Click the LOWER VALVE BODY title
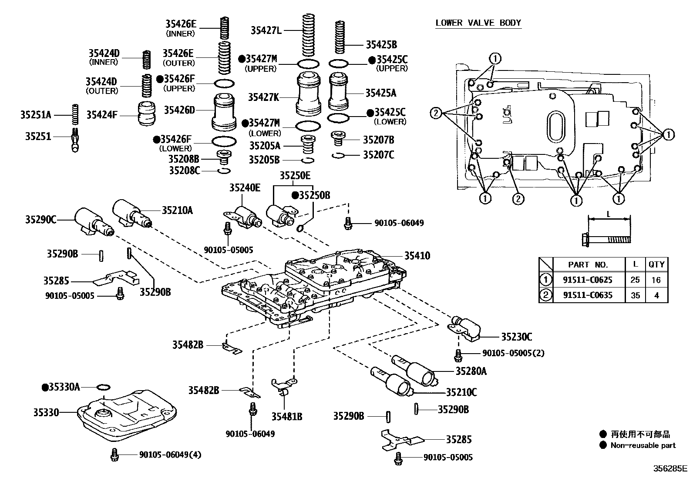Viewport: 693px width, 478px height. coord(478,23)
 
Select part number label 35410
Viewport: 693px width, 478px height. coord(417,256)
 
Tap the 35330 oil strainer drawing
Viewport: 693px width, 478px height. coord(127,413)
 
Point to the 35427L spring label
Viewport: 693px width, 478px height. coord(266,30)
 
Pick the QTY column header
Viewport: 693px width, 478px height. coord(656,264)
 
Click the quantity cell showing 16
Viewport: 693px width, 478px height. coord(656,280)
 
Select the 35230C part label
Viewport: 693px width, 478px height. coord(516,337)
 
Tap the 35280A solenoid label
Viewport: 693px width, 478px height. coord(471,371)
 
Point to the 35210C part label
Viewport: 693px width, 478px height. coord(461,392)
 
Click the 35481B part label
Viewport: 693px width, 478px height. coord(287,417)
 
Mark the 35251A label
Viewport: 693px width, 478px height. coord(36,115)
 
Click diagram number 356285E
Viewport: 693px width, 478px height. coord(669,468)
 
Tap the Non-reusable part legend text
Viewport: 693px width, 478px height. coord(643,445)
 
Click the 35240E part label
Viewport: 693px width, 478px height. coord(245,187)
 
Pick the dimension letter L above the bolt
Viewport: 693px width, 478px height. coord(609,214)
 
